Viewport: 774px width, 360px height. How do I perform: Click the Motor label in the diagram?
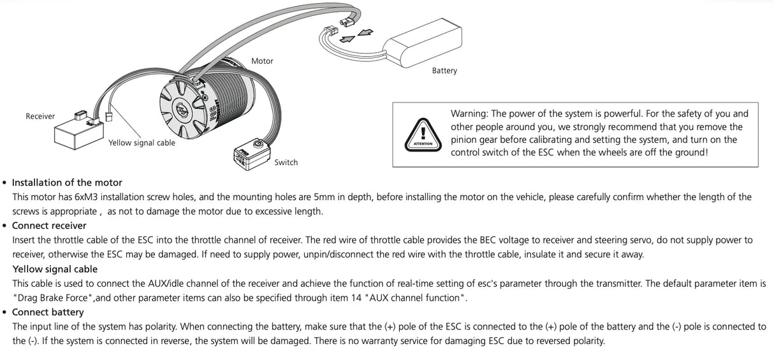(x=262, y=61)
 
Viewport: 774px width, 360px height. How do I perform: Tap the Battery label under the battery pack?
(x=444, y=71)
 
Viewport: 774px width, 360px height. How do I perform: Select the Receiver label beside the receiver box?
(x=40, y=117)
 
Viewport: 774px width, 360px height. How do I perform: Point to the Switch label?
(x=286, y=162)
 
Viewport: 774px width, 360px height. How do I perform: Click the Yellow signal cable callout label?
(x=142, y=143)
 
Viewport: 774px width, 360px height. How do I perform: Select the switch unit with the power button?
(x=252, y=154)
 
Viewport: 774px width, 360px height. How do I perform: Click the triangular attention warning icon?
(x=423, y=135)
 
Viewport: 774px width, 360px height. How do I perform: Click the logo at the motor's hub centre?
(x=182, y=110)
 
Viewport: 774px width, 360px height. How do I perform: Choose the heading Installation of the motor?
(x=67, y=183)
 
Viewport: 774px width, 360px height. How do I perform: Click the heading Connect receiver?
(x=49, y=226)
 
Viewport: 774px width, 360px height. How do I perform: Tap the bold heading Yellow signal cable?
(x=55, y=270)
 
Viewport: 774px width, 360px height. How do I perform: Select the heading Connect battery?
(x=48, y=312)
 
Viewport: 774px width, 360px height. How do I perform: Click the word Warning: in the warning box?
(x=469, y=113)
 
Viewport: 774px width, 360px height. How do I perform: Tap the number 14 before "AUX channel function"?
(x=356, y=298)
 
